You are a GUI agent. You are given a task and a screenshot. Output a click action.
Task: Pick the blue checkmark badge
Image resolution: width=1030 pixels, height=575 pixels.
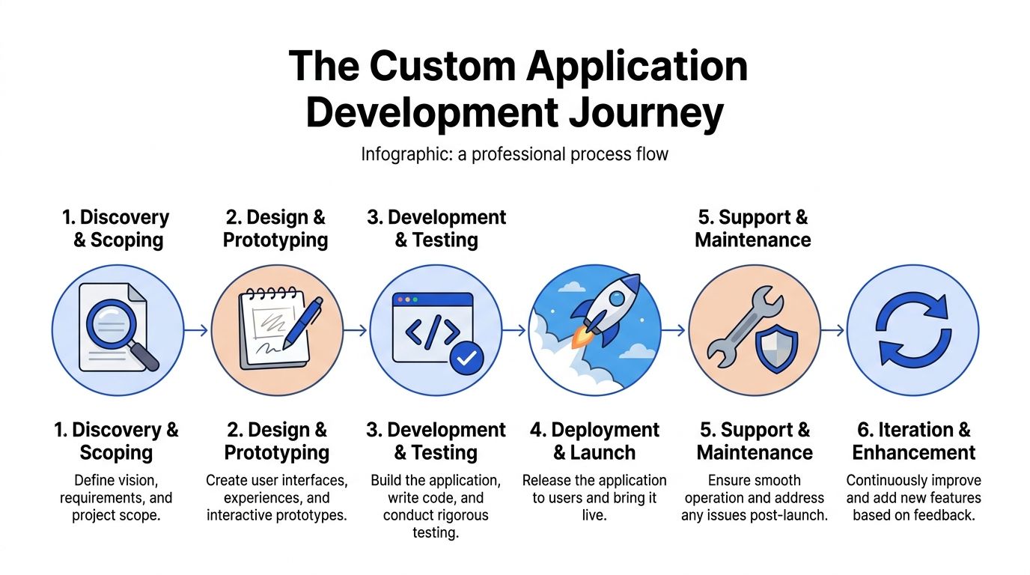click(x=467, y=359)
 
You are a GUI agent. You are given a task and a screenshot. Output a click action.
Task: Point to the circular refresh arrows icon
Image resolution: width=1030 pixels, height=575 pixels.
click(x=912, y=330)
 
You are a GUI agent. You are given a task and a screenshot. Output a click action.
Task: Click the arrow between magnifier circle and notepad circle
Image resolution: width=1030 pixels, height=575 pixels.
click(x=195, y=330)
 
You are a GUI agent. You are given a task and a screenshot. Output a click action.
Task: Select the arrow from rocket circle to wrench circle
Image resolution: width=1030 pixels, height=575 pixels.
click(x=674, y=330)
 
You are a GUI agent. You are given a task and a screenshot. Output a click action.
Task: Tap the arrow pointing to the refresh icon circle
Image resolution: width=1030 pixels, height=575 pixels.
click(x=832, y=330)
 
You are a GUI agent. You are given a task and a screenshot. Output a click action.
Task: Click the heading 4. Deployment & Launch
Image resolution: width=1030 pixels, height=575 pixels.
click(x=594, y=441)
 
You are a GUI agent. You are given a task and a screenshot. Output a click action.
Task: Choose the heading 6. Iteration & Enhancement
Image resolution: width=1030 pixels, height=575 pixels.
click(x=913, y=441)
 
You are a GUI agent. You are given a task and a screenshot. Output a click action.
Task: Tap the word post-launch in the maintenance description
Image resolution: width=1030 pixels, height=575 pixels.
click(x=793, y=516)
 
